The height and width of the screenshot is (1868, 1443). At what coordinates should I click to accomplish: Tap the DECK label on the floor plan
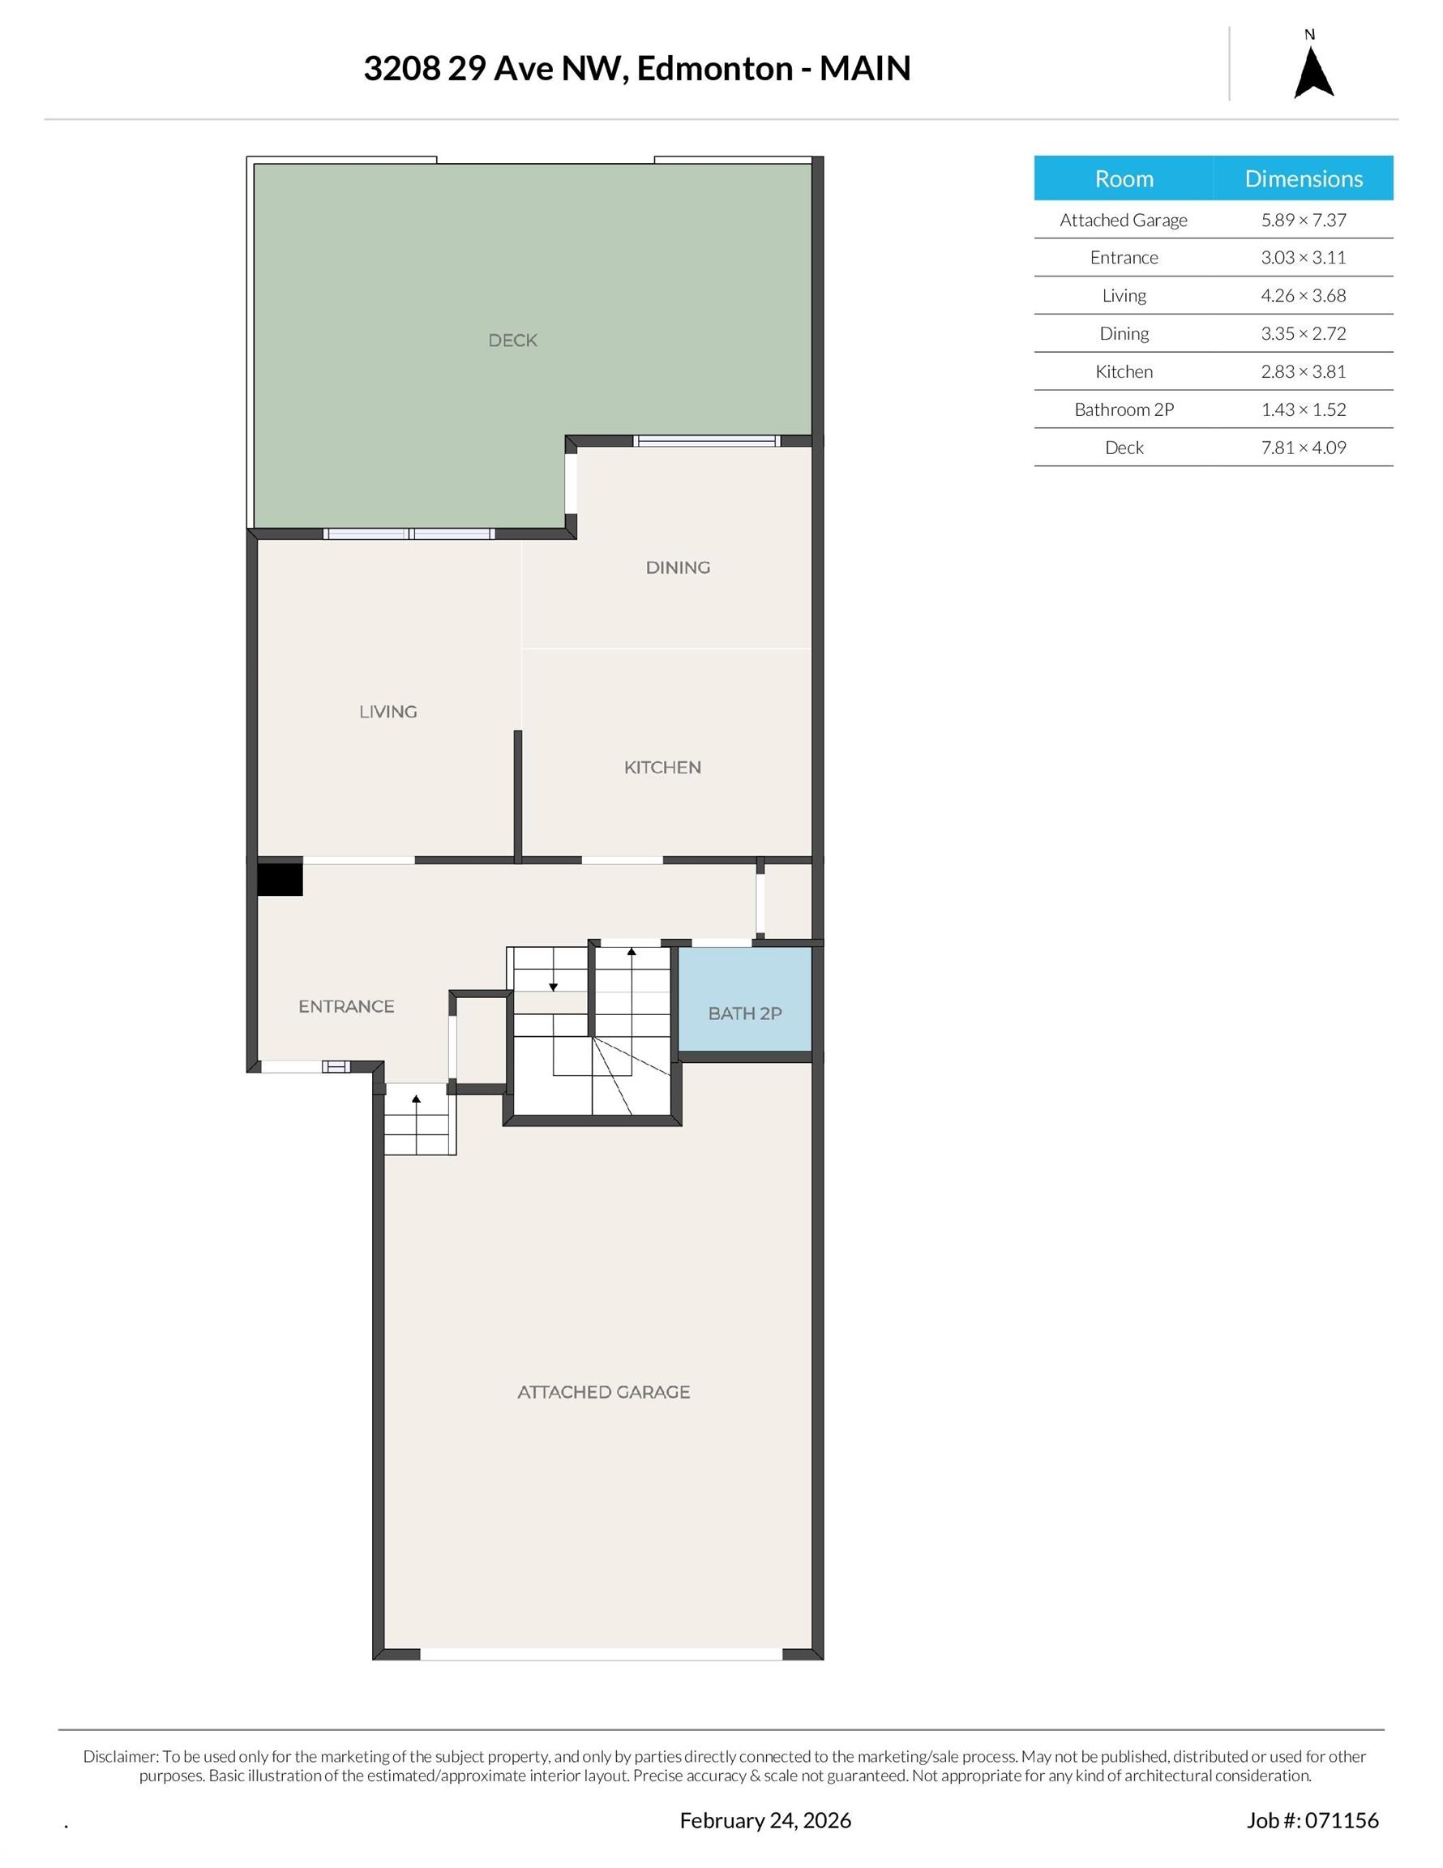[x=512, y=341]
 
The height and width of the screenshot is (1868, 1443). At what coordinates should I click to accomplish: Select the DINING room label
[x=678, y=568]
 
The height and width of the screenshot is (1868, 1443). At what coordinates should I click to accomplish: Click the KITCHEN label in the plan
[x=662, y=768]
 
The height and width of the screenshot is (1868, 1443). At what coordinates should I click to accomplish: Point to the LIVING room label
[x=388, y=712]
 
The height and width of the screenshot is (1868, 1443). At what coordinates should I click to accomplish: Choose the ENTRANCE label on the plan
[x=345, y=1007]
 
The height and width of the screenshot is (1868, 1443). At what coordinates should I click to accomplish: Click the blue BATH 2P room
[x=744, y=1013]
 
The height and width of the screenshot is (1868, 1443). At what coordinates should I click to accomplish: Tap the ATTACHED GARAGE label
[x=603, y=1392]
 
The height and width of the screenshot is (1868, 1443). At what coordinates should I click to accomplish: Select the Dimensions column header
[x=1303, y=178]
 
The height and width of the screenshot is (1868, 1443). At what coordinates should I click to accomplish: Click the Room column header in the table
[x=1123, y=178]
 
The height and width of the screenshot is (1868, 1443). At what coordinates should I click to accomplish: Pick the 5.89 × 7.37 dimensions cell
[x=1303, y=220]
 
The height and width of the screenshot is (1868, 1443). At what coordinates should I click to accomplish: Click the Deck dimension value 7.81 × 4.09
[x=1303, y=448]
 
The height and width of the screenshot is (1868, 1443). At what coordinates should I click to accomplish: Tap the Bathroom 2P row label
[x=1123, y=409]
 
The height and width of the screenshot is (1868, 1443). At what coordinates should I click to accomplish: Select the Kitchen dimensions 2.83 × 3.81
[x=1303, y=371]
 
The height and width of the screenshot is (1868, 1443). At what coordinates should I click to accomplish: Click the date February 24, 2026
[x=764, y=1820]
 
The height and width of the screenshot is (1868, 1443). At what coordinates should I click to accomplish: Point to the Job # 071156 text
[x=1312, y=1820]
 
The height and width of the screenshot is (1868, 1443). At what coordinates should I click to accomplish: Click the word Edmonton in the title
[x=714, y=68]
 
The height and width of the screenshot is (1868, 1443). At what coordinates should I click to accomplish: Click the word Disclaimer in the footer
[x=121, y=1756]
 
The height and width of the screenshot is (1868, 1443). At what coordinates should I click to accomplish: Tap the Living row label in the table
[x=1123, y=296]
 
